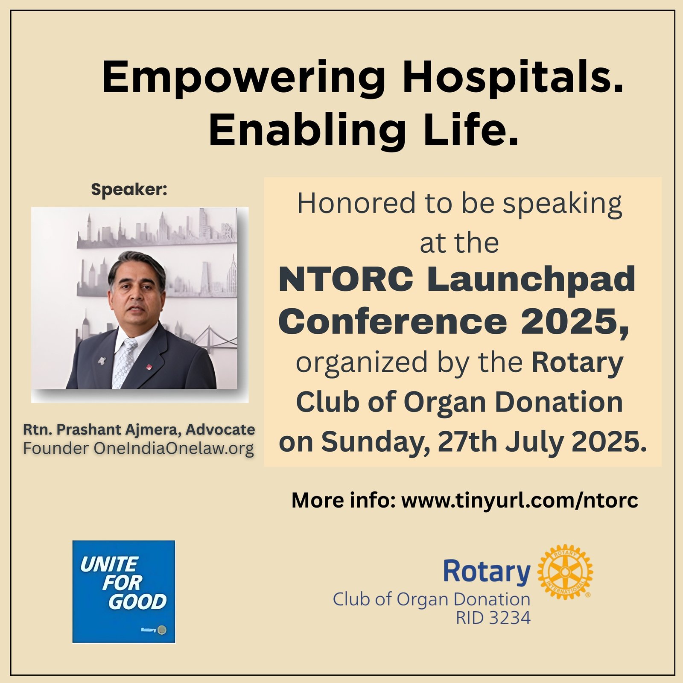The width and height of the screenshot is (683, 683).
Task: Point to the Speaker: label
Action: (129, 189)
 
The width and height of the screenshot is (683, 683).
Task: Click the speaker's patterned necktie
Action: (124, 363)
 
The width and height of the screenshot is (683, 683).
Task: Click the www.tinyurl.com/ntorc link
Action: (520, 500)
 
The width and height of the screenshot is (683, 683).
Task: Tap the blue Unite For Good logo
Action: (124, 592)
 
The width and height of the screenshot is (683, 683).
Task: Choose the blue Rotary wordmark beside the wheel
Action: (487, 572)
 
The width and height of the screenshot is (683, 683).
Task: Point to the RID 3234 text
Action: (493, 618)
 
